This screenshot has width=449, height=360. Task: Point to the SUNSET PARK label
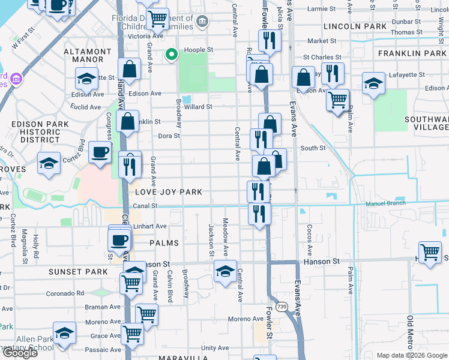tap(78, 272)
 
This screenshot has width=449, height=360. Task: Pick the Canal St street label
tap(145, 206)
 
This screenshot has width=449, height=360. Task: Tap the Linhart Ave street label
tap(149, 226)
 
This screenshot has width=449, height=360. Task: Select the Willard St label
tap(198, 107)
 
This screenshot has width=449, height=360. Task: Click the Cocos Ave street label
tap(310, 239)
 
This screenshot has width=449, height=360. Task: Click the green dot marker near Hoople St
tap(171, 56)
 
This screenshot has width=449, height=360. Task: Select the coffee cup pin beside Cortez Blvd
tap(100, 152)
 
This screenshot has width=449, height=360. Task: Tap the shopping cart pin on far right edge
tap(430, 253)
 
